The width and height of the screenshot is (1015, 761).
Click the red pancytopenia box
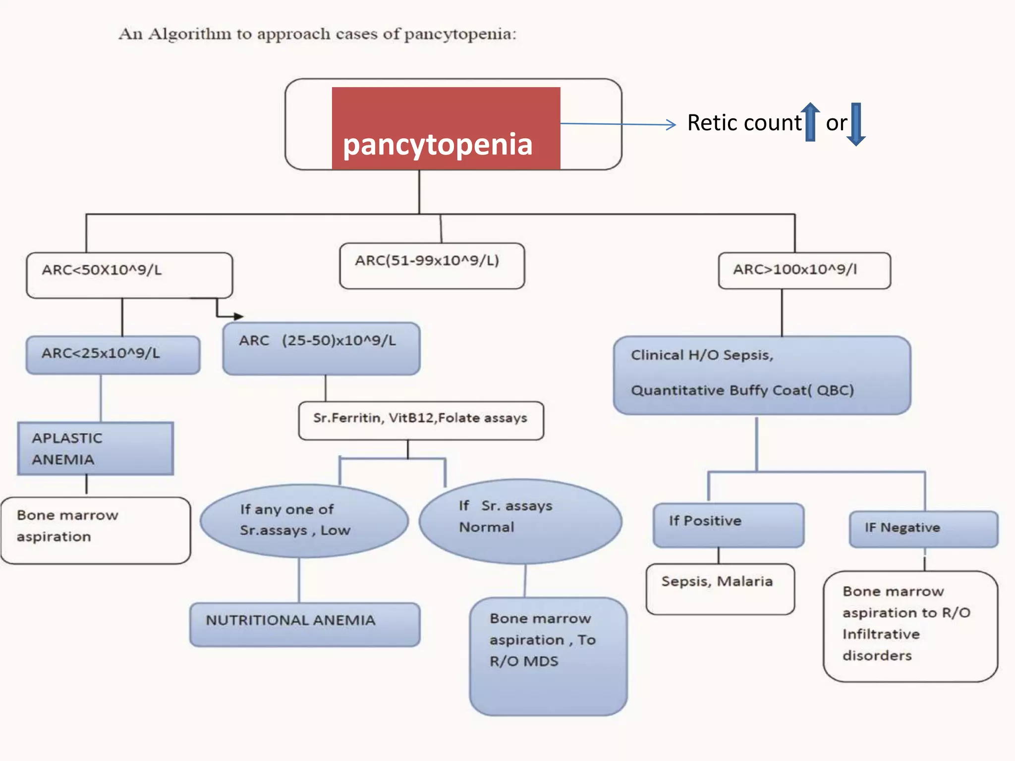pyautogui.click(x=446, y=129)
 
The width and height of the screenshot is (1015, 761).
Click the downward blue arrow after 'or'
pyautogui.click(x=856, y=124)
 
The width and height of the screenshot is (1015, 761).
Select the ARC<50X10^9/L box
pyautogui.click(x=129, y=275)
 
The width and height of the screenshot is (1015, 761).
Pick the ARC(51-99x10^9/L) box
pyautogui.click(x=432, y=266)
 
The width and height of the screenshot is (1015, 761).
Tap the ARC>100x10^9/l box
pyautogui.click(x=804, y=271)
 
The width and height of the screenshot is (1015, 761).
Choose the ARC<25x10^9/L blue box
pyautogui.click(x=113, y=355)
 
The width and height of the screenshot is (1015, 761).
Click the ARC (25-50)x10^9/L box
pyautogui.click(x=321, y=348)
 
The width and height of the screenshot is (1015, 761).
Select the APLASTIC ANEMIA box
pyautogui.click(x=96, y=448)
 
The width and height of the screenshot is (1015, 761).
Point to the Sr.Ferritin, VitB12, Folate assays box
pyautogui.click(x=421, y=420)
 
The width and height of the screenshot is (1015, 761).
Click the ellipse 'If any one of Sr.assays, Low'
pyautogui.click(x=304, y=521)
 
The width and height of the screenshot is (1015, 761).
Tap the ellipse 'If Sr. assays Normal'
pyautogui.click(x=520, y=521)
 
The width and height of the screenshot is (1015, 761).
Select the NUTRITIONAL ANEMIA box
pyautogui.click(x=305, y=624)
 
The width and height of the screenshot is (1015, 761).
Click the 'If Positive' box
pyautogui.click(x=728, y=525)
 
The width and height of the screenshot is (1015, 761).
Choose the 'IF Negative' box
pyautogui.click(x=923, y=529)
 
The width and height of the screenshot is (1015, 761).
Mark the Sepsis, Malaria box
pyautogui.click(x=720, y=589)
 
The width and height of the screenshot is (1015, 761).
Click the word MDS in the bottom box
pyautogui.click(x=541, y=661)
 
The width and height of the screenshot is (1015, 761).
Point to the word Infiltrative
pyautogui.click(x=881, y=634)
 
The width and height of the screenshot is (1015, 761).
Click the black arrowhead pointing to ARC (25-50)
pyautogui.click(x=239, y=316)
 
